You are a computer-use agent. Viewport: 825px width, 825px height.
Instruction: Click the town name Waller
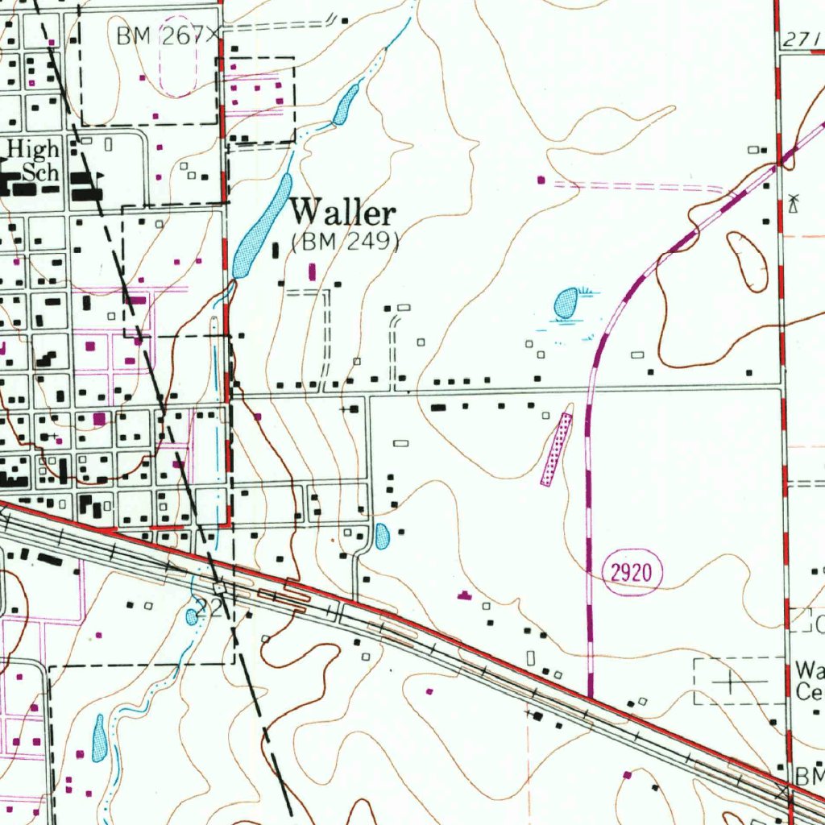(343, 214)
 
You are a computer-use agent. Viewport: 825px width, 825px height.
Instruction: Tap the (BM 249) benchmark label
(346, 242)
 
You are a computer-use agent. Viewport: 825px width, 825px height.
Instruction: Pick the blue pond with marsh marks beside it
(566, 303)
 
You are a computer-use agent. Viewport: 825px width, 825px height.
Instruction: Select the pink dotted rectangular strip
(556, 449)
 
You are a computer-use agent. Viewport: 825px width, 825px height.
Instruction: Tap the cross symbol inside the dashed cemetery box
(730, 682)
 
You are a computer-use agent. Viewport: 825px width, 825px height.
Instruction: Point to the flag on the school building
(100, 175)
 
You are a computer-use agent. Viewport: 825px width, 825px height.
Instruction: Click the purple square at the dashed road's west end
(541, 180)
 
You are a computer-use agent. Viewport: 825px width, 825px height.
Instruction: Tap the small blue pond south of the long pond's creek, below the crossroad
(382, 534)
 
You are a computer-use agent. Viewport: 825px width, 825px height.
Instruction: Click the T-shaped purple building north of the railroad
(463, 595)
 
